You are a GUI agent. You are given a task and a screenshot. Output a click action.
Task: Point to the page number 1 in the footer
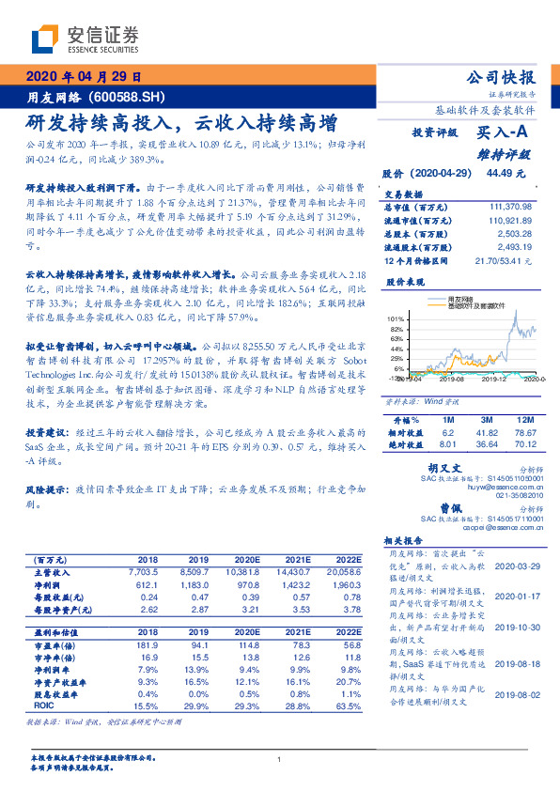coord(279,758)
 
